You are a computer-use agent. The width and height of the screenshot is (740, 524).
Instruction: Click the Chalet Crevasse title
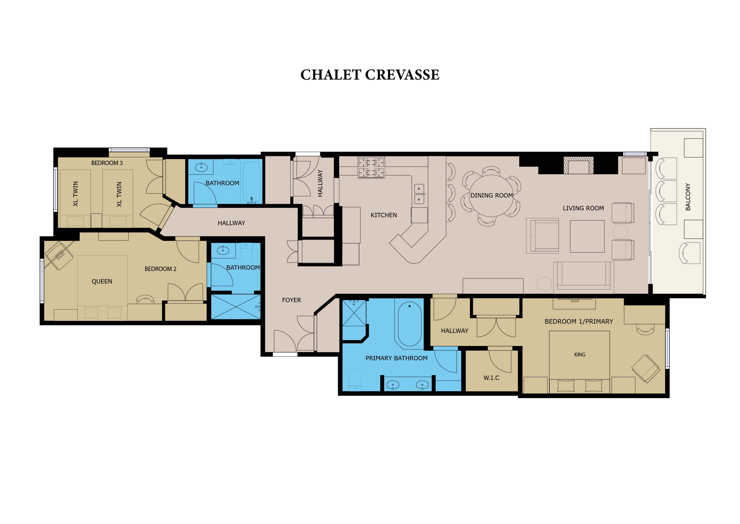click(370, 75)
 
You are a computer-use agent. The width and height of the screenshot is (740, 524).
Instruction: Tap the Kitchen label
click(384, 215)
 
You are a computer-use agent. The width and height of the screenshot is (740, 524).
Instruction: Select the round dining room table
click(491, 196)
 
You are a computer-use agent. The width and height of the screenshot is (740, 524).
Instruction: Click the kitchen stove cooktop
click(371, 168)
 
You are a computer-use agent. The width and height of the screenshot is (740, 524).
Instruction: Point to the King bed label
click(580, 355)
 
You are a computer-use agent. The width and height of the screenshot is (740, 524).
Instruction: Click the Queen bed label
click(102, 281)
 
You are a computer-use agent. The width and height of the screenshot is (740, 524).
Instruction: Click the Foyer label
click(291, 300)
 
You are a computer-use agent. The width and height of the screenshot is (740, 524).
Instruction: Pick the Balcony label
click(688, 197)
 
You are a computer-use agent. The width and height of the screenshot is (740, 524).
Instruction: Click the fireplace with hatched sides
click(579, 166)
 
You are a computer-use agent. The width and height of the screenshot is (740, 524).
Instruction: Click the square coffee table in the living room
click(587, 236)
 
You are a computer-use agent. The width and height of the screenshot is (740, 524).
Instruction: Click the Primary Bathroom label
click(396, 358)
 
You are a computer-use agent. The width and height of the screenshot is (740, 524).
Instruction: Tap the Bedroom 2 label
click(160, 269)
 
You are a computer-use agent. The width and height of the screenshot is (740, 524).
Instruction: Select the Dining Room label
click(492, 195)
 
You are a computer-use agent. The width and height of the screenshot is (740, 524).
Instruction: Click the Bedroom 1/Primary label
click(579, 321)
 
